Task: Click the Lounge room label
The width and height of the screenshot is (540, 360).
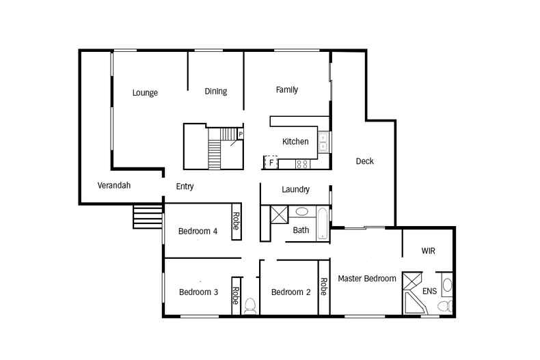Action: [x=145, y=93]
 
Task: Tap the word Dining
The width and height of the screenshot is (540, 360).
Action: [x=216, y=92]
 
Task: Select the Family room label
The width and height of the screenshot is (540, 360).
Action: [x=286, y=89]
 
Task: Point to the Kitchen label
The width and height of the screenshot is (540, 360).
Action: [x=295, y=141]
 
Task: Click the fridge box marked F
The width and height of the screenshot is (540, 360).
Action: [x=271, y=163]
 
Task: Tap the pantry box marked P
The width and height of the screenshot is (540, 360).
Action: [x=240, y=134]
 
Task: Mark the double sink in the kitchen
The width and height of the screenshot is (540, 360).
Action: [x=323, y=141]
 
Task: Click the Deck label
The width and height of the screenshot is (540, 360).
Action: [x=365, y=161]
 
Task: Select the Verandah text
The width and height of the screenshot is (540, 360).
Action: [x=114, y=185]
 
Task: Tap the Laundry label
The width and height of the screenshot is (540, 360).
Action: [x=295, y=189]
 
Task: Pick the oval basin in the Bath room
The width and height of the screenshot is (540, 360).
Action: [x=301, y=212]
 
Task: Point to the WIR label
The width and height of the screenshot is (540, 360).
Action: [x=427, y=251]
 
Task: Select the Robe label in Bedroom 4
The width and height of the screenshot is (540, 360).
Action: [x=235, y=221]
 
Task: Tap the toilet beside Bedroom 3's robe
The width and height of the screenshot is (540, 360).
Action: [x=250, y=305]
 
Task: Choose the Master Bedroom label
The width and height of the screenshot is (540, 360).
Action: [x=367, y=279]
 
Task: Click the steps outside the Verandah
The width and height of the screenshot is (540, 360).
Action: [x=147, y=217]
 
